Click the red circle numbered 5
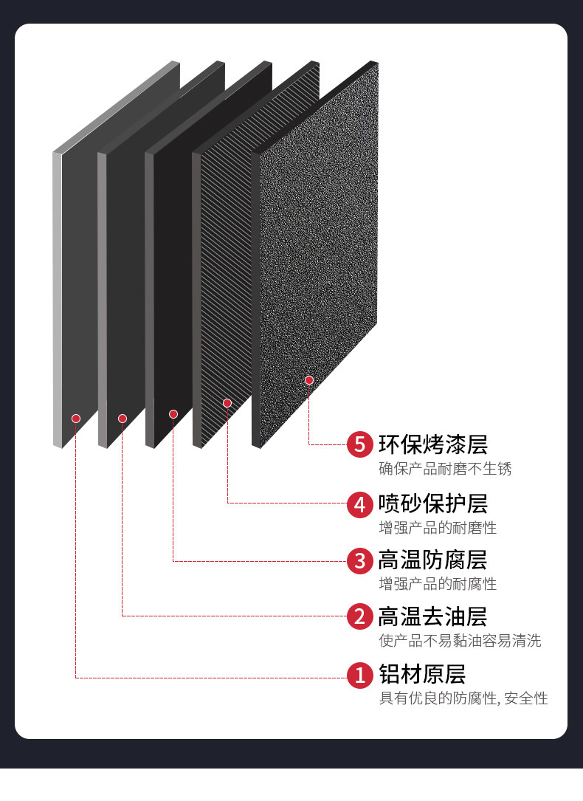360,444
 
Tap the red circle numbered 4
360,504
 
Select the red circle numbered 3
360,561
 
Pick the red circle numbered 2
360,616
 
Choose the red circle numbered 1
360,674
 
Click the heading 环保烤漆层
433,444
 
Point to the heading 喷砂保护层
433,504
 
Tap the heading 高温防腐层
433,560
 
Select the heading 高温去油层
433,616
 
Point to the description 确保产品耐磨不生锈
445,469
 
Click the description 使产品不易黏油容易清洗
460,641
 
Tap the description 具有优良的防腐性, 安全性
463,698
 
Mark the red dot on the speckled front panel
309,380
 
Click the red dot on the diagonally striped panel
227,403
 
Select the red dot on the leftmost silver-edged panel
76,419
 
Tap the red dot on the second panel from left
123,419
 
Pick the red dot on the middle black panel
173,414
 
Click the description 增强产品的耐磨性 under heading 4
438,528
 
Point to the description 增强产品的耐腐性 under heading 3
438,584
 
